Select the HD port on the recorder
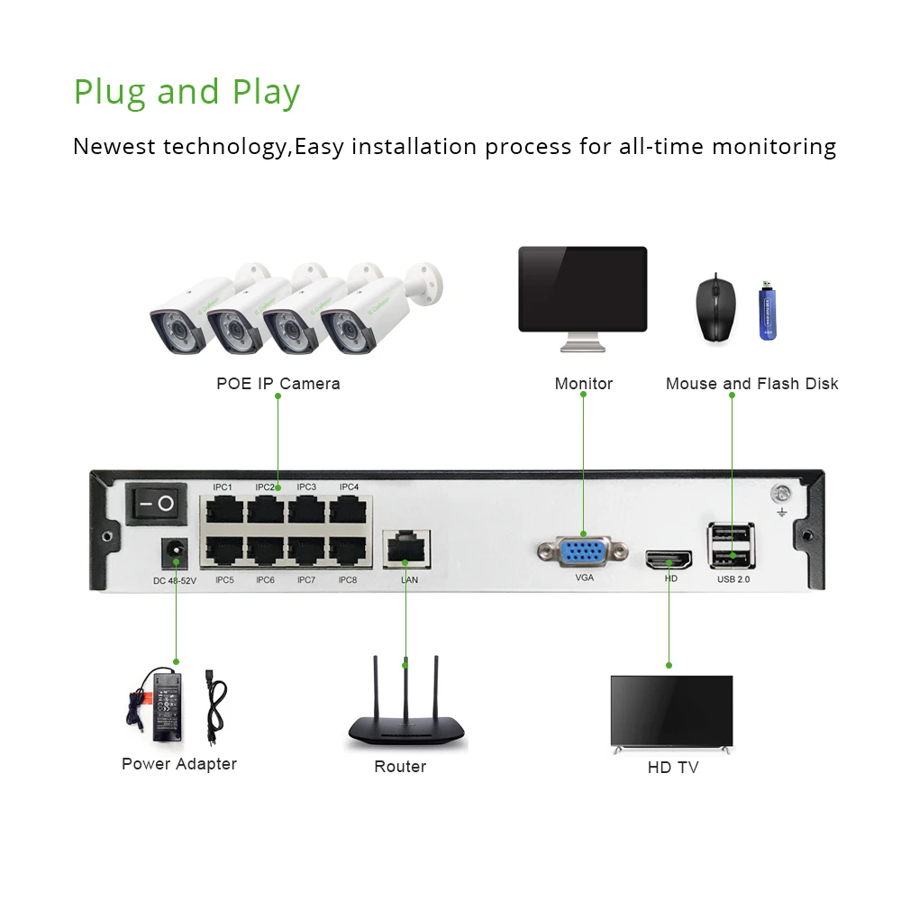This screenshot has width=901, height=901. click(669, 560)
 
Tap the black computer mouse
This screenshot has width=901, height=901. click(716, 307)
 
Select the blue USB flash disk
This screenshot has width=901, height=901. click(769, 312)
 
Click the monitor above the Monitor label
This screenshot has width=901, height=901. click(582, 290)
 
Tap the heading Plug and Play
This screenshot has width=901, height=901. click(187, 92)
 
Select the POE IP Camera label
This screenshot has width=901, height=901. click(278, 384)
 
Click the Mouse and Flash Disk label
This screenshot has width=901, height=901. click(751, 384)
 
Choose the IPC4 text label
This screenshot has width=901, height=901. click(349, 487)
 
